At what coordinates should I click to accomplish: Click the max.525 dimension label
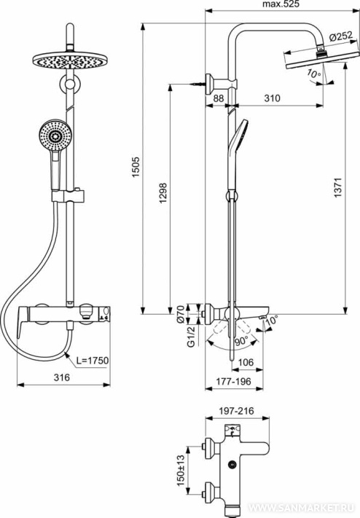click(x=281, y=4)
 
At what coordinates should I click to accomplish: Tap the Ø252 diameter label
click(x=341, y=37)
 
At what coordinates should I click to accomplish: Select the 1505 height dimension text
click(x=136, y=167)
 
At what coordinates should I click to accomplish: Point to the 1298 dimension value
click(x=163, y=192)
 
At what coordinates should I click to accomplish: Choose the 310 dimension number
click(x=272, y=98)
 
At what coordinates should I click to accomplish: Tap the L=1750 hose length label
click(x=93, y=360)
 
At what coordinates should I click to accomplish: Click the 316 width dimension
click(x=62, y=377)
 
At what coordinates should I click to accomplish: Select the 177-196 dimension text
click(x=234, y=382)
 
